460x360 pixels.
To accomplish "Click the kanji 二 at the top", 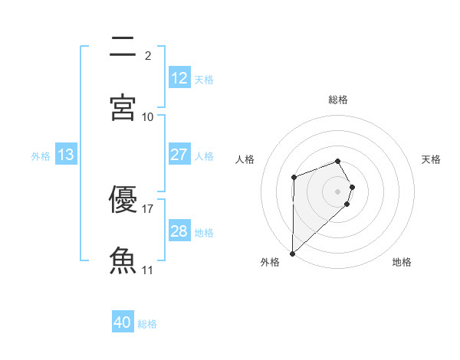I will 123,47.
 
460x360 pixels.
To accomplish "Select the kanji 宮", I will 123,107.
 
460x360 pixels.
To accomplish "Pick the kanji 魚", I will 123,260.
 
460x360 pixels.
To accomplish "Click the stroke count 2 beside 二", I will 148,55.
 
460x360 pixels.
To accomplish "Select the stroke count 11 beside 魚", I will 148,270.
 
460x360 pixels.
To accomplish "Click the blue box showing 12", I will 179,78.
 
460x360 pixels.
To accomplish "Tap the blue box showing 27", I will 179,155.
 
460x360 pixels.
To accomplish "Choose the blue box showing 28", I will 179,231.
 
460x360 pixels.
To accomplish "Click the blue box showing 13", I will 66,155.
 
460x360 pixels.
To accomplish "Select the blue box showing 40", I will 123,322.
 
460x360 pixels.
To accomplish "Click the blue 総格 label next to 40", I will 148,324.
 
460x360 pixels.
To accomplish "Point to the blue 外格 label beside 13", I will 41,156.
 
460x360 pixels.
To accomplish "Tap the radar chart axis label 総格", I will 338,100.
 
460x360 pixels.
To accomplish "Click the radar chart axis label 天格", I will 432,159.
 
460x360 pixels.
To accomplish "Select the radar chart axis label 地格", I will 402,262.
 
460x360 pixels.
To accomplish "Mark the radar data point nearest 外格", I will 292,253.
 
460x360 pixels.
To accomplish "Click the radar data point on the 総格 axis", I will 338,161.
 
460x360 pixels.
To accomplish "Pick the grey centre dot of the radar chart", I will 338,191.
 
